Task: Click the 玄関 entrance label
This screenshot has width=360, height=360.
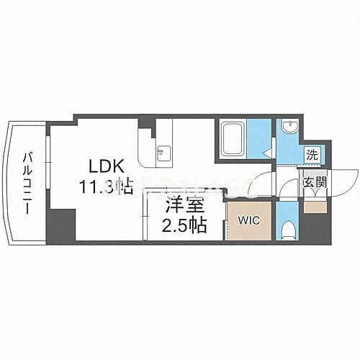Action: point(315,182)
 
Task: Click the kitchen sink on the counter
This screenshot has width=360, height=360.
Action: point(162,150)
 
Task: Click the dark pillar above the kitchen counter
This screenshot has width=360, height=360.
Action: point(146,124)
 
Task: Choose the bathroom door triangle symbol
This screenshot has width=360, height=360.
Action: point(266,152)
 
